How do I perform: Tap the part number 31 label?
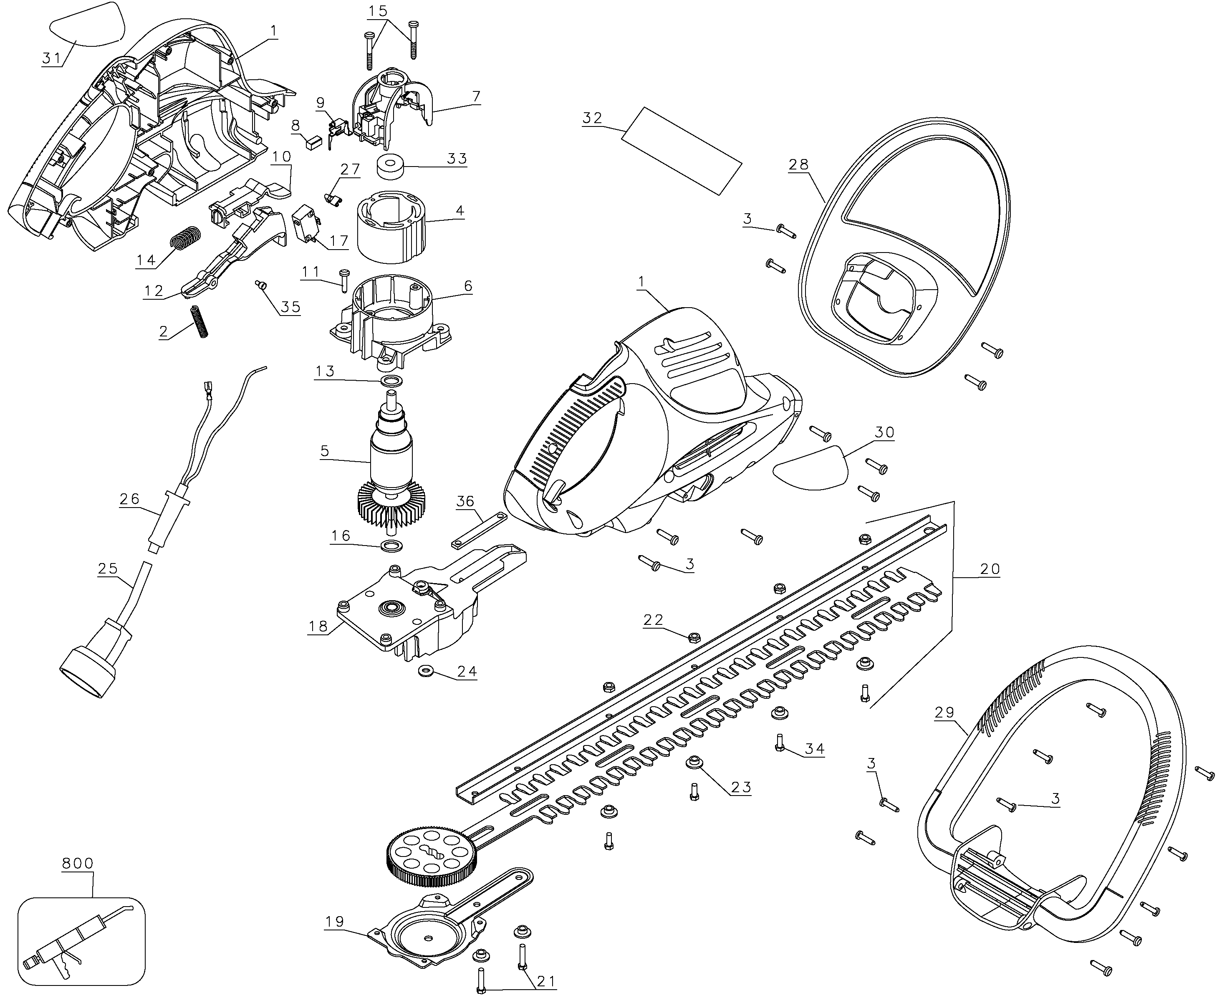[x=52, y=58]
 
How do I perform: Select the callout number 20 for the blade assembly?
[x=990, y=569]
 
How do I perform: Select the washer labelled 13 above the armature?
[x=391, y=381]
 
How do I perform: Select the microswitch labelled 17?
[x=305, y=225]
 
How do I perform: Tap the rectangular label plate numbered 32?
[x=682, y=151]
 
